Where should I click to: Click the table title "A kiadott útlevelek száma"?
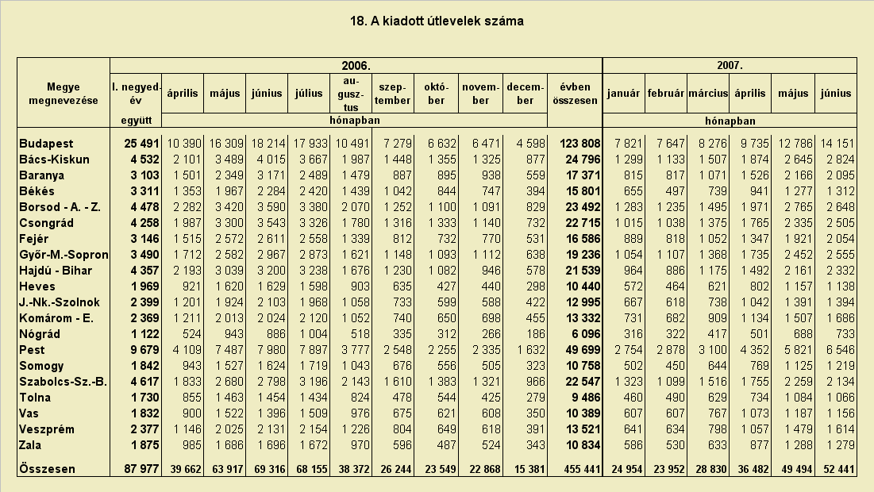click(x=447, y=21)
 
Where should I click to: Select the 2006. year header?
click(x=356, y=66)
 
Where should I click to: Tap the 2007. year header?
click(x=730, y=66)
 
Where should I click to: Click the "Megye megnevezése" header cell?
click(x=64, y=94)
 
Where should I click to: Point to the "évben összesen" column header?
click(x=575, y=94)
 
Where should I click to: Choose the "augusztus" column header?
click(x=351, y=94)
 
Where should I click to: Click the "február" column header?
click(x=665, y=94)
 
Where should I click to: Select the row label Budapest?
click(x=46, y=144)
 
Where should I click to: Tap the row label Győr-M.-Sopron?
click(x=64, y=256)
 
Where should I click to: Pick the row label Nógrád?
click(x=40, y=334)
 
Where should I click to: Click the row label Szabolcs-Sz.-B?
click(x=63, y=382)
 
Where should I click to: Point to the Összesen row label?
click(x=48, y=469)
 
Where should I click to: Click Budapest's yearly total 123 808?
click(x=580, y=144)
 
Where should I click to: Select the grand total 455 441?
click(x=583, y=469)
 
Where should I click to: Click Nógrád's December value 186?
click(x=536, y=334)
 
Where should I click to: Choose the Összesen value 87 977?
click(x=141, y=469)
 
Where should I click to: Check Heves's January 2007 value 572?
click(x=633, y=287)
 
